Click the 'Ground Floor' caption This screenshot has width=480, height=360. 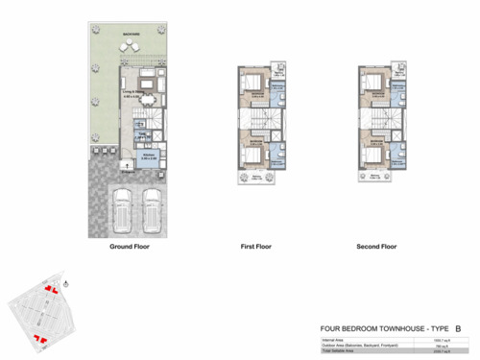129,247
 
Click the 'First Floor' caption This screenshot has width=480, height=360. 258,247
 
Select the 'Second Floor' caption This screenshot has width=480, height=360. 376,247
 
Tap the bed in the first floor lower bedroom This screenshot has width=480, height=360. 252,155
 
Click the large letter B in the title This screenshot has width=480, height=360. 458,328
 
